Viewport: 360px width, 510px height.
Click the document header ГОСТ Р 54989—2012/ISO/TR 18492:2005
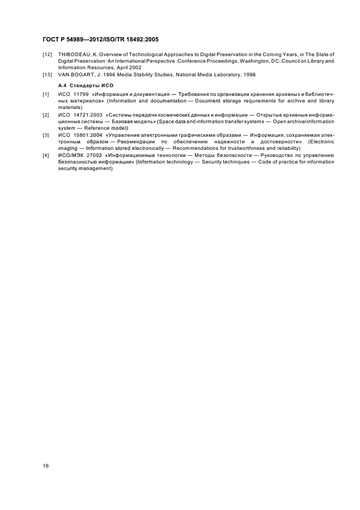[x=100, y=39]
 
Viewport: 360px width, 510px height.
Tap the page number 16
[x=46, y=465]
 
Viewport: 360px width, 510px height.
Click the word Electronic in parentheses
[x=321, y=142]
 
